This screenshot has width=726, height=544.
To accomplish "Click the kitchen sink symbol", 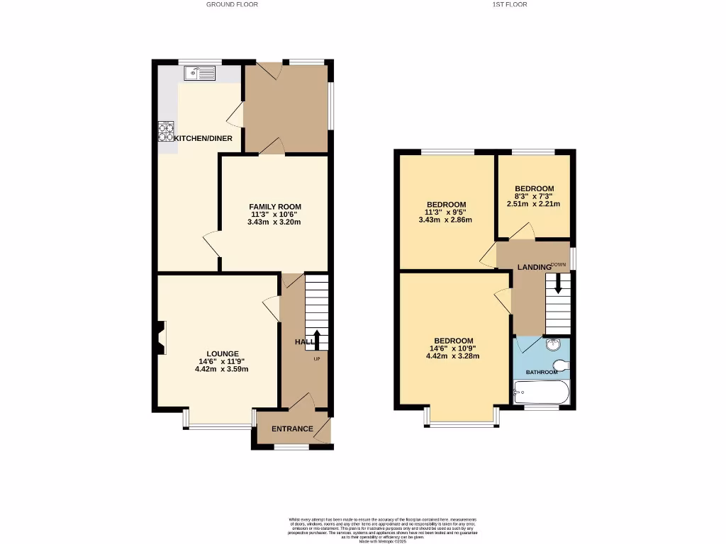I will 199,72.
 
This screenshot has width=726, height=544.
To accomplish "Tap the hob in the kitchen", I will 166,132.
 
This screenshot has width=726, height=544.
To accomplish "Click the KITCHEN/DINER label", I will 203,138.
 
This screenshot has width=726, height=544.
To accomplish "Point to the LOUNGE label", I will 223,353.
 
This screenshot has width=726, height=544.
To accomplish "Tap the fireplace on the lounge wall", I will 160,338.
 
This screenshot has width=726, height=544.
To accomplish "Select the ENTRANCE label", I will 293,429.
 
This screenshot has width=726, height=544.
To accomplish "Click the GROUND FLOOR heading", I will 232,4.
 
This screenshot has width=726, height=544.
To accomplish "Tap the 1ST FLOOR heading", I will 509,4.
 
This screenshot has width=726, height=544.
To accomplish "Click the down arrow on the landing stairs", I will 558,285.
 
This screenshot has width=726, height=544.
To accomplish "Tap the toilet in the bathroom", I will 561,365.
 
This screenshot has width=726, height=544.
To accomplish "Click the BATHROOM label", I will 541,372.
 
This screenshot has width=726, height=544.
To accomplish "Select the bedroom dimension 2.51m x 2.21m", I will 533,204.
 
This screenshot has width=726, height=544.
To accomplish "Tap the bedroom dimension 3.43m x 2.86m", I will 445,220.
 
